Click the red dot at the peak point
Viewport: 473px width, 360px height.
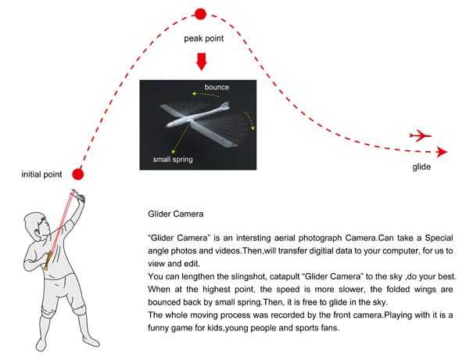(x=200, y=13)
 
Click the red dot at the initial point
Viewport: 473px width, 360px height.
(x=77, y=174)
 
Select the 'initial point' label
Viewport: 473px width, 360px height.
(x=42, y=174)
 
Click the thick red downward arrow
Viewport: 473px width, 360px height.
(x=201, y=61)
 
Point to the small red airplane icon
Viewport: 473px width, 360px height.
(x=421, y=135)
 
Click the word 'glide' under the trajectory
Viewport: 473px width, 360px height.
(x=422, y=167)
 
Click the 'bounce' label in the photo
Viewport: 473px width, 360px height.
(x=217, y=87)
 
